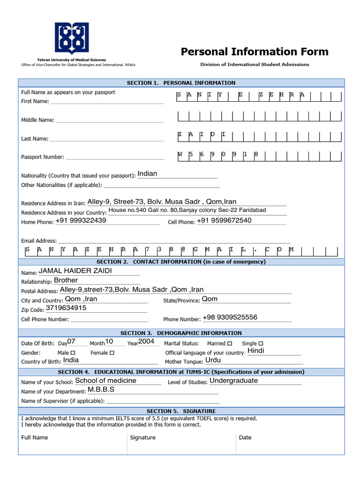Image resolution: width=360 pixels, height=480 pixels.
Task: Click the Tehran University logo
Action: (x=72, y=39)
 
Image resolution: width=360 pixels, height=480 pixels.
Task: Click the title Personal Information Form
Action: (x=255, y=52)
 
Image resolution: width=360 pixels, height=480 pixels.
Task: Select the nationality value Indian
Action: (x=147, y=174)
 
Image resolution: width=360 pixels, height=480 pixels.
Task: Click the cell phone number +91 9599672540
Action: (x=224, y=221)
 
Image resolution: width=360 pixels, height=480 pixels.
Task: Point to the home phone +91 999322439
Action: (x=81, y=221)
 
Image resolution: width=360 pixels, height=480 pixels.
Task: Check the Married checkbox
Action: (x=229, y=344)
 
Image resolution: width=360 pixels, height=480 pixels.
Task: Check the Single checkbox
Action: (x=261, y=344)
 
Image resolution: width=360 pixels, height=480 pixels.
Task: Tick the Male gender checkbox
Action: (x=73, y=352)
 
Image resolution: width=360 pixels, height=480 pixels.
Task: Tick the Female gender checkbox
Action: (x=112, y=352)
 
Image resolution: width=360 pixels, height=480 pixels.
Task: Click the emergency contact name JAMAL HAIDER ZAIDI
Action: (x=75, y=271)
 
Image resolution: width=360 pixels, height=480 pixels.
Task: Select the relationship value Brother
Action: (x=66, y=280)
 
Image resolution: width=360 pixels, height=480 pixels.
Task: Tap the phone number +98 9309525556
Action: (x=230, y=317)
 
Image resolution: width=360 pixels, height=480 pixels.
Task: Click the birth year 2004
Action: (x=146, y=342)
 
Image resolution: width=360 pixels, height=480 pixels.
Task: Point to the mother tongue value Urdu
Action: (x=213, y=360)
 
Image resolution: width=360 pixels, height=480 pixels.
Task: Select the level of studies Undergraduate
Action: (x=233, y=381)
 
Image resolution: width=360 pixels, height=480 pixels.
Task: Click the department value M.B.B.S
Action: (x=101, y=390)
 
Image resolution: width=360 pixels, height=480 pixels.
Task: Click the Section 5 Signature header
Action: (x=181, y=411)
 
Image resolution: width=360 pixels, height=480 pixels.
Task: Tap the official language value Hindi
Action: (x=256, y=351)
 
